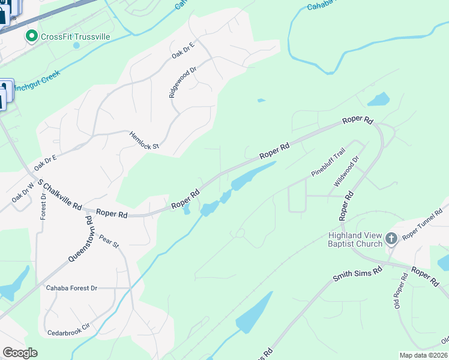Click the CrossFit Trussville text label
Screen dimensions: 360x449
coord(75,37)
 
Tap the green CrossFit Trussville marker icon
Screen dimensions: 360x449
coord(31,37)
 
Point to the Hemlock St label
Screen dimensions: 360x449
coord(144,140)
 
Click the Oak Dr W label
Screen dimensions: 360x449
coord(23,192)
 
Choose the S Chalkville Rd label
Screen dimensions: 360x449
coord(59,194)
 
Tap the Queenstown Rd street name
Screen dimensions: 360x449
coord(81,239)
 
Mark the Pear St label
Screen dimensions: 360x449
coord(109,241)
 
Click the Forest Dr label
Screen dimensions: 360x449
coord(43,206)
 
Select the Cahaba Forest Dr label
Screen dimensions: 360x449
coord(71,288)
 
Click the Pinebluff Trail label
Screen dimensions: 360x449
coord(328,163)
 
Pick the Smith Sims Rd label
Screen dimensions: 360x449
coord(358,276)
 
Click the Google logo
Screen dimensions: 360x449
coord(20,353)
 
